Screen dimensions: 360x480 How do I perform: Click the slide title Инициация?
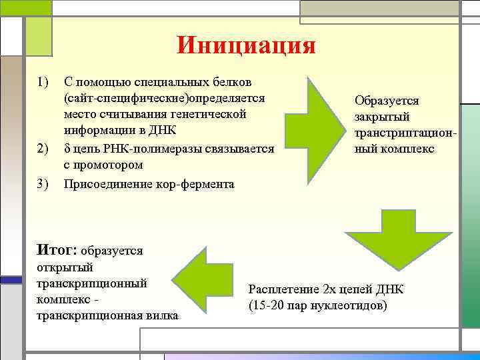pyautogui.click(x=246, y=46)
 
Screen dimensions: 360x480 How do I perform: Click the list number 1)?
pyautogui.click(x=44, y=82)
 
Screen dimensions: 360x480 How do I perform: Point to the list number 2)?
pyautogui.click(x=44, y=149)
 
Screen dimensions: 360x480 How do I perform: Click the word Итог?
pyautogui.click(x=58, y=250)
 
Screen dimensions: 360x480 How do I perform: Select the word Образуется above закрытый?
pyautogui.click(x=387, y=101)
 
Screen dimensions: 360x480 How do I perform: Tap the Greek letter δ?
pyautogui.click(x=67, y=148)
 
